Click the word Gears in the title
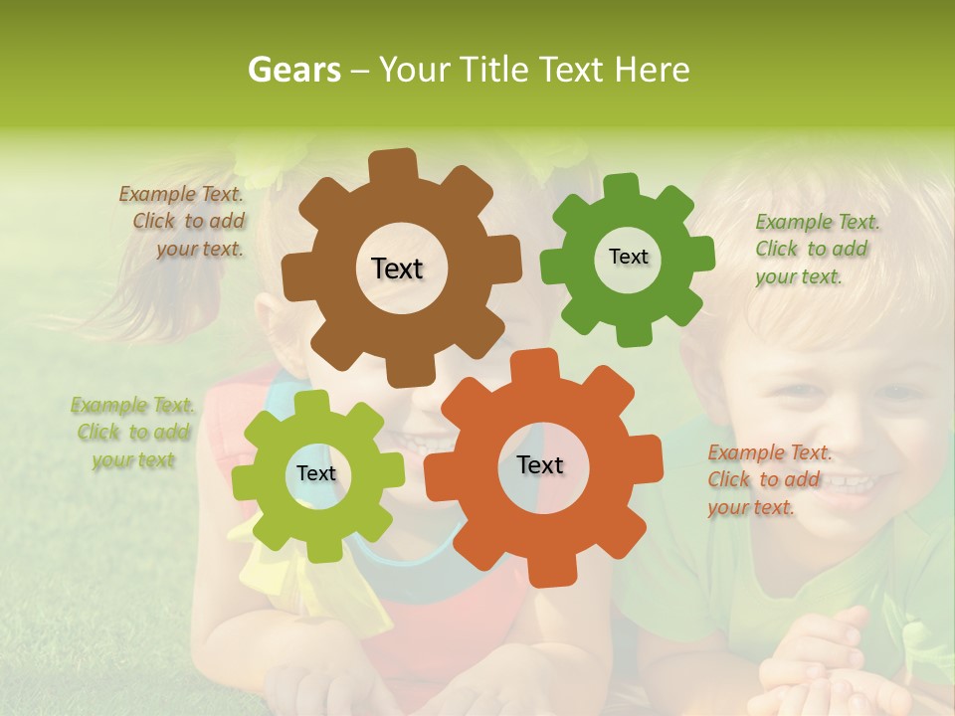pos(293,70)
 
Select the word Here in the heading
pos(652,70)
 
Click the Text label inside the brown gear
pos(397,268)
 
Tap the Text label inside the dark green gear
pos(628,257)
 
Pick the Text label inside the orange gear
pos(540,465)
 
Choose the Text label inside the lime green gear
pos(316,474)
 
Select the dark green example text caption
pos(816,250)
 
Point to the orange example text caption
pos(768,480)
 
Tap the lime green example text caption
pos(132,433)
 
